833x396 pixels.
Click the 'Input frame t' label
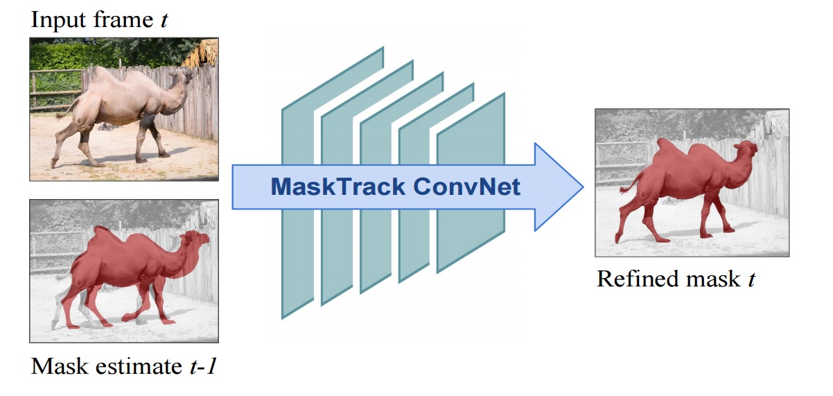point(99,21)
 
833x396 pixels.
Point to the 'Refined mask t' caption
point(675,279)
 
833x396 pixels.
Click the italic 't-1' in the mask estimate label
point(202,365)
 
